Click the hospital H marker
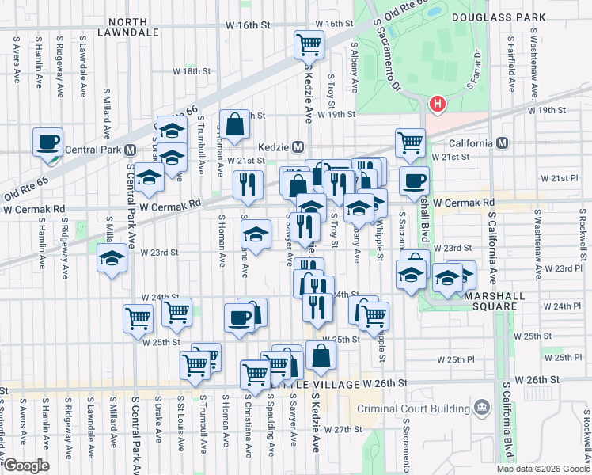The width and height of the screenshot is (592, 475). pyautogui.click(x=437, y=104)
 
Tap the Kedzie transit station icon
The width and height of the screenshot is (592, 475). pyautogui.click(x=298, y=147)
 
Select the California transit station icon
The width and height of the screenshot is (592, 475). pyautogui.click(x=503, y=144)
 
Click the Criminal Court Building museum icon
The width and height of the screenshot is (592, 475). pyautogui.click(x=481, y=408)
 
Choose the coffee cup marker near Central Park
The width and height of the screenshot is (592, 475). pyautogui.click(x=49, y=142)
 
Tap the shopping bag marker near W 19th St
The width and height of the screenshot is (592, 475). pyautogui.click(x=235, y=124)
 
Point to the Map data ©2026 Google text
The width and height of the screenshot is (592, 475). pyautogui.click(x=542, y=469)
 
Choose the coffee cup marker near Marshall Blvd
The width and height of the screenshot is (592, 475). pyautogui.click(x=414, y=180)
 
